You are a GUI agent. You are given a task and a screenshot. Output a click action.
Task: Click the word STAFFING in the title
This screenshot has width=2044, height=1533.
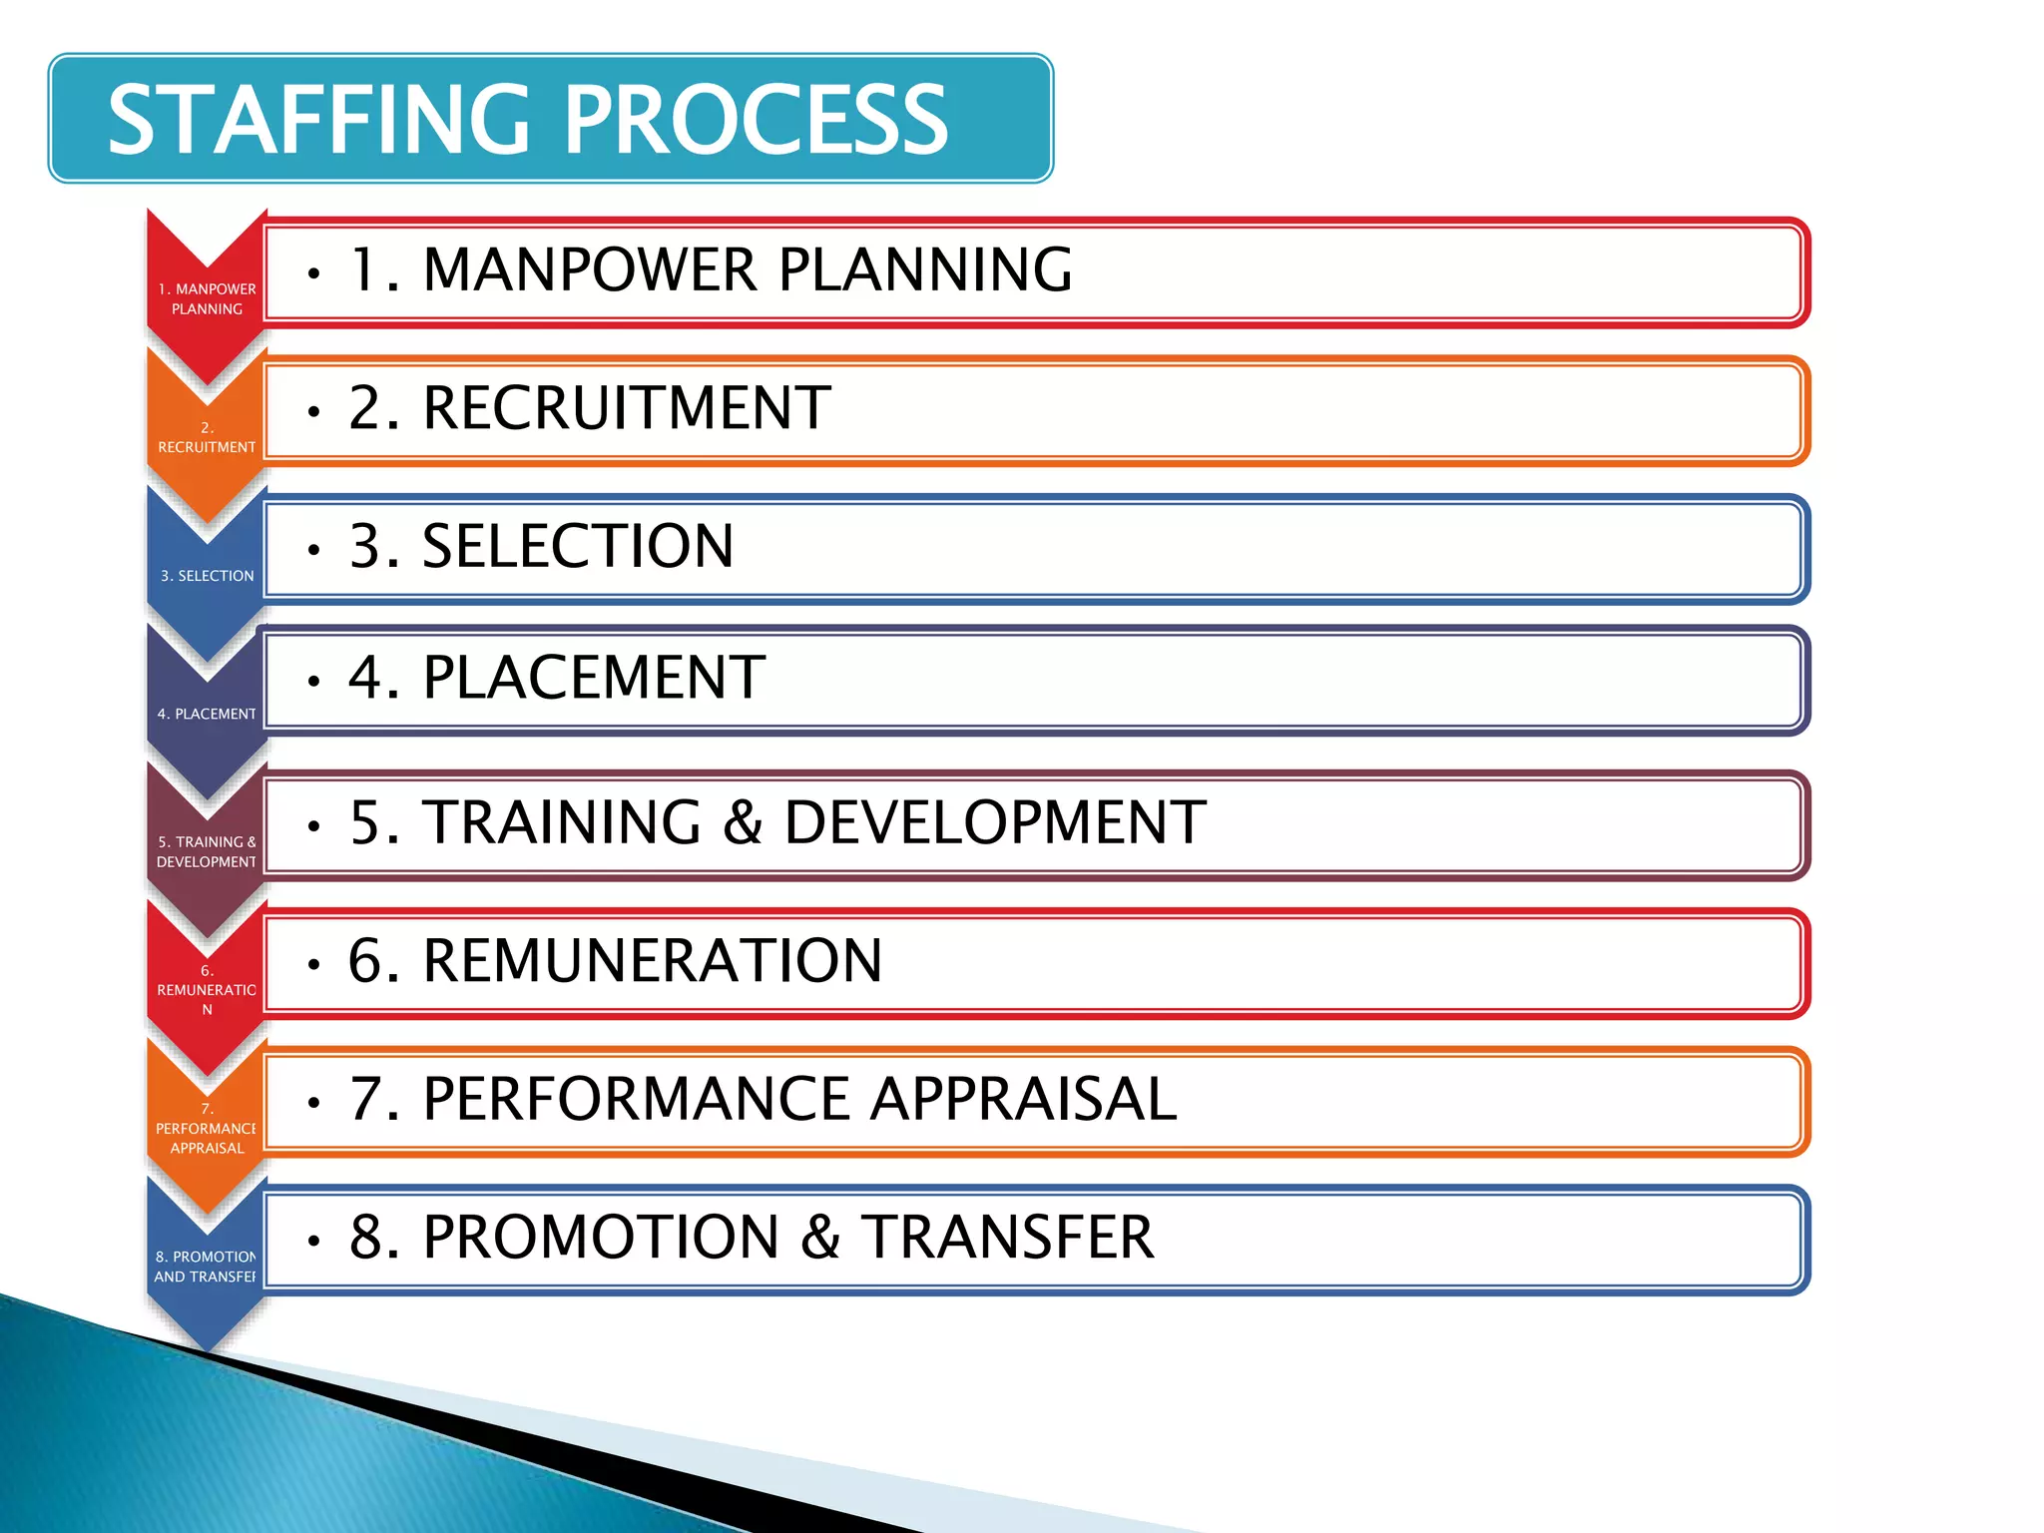pos(318,120)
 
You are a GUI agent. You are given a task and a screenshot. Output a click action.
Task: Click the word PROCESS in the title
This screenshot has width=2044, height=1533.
pos(759,120)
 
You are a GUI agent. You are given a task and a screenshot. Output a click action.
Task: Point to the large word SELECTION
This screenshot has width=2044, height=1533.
pos(578,546)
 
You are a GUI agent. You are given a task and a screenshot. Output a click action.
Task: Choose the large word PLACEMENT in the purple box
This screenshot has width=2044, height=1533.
pos(594,678)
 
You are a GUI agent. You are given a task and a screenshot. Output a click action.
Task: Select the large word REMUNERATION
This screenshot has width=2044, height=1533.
pos(653,961)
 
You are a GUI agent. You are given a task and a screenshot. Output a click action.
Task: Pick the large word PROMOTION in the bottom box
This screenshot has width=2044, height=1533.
pos(601,1238)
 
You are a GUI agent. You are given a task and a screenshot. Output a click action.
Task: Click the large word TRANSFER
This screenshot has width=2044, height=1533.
pos(1007,1238)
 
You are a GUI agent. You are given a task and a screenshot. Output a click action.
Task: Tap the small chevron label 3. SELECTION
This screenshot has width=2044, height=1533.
pos(208,576)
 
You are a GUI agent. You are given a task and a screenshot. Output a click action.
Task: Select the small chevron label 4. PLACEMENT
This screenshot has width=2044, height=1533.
pos(207,714)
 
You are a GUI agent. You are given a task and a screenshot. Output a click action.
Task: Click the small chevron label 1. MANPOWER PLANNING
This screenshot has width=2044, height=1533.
pos(207,298)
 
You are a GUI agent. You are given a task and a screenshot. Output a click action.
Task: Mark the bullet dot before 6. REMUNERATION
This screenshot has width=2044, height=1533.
pos(314,965)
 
